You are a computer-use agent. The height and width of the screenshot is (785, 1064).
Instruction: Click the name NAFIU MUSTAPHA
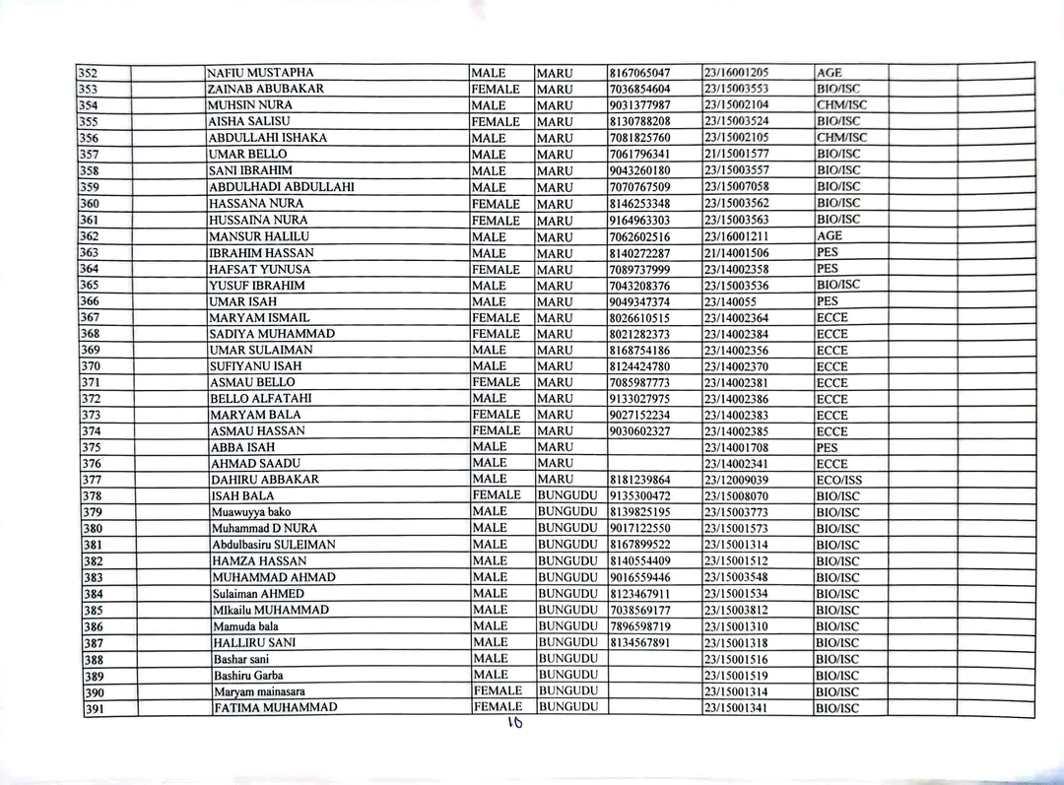261,73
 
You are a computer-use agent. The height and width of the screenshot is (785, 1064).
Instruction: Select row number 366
90,301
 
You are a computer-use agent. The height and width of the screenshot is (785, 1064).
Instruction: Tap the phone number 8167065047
640,73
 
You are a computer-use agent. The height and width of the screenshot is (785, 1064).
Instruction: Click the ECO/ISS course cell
838,480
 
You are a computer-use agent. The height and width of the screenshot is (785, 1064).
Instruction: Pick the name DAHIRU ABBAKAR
265,480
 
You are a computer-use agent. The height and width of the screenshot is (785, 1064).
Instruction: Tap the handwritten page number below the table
513,723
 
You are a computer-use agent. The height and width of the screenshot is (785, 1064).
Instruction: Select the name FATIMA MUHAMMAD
276,707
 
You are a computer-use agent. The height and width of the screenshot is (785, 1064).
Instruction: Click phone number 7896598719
640,626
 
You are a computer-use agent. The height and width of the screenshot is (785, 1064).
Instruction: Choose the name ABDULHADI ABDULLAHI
282,187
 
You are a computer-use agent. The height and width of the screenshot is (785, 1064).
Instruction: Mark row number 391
94,708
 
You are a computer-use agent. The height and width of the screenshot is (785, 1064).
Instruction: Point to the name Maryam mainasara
260,691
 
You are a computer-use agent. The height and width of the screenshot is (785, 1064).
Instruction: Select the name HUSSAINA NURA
258,220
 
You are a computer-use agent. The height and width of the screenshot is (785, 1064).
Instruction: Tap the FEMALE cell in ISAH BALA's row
497,495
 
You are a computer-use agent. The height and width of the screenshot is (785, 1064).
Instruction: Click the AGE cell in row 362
830,236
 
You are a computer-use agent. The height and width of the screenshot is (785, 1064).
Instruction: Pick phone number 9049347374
640,301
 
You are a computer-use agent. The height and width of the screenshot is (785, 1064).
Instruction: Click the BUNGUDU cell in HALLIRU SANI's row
568,642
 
